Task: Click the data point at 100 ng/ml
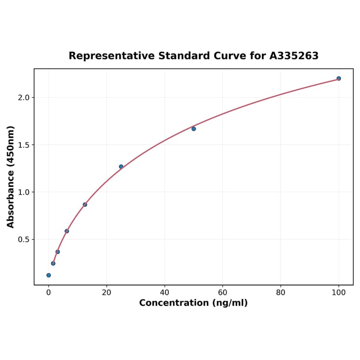pos(338,78)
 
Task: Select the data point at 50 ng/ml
pos(194,129)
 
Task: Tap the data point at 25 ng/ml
pos(121,166)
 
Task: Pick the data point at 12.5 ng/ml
pos(85,205)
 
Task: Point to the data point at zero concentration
pos(49,275)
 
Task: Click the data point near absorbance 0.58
pos(67,231)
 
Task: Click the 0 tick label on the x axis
pos(49,293)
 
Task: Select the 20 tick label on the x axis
pos(106,293)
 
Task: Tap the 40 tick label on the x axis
pos(164,293)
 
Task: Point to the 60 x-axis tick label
pos(222,293)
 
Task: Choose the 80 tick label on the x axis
pos(281,293)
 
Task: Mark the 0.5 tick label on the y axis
pos(24,239)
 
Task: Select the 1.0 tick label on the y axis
pos(24,192)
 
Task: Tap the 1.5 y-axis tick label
pos(24,145)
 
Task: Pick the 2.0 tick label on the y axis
pos(24,98)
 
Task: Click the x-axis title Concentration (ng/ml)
pos(193,303)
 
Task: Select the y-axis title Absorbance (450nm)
pos(10,177)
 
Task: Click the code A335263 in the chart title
pos(294,56)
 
